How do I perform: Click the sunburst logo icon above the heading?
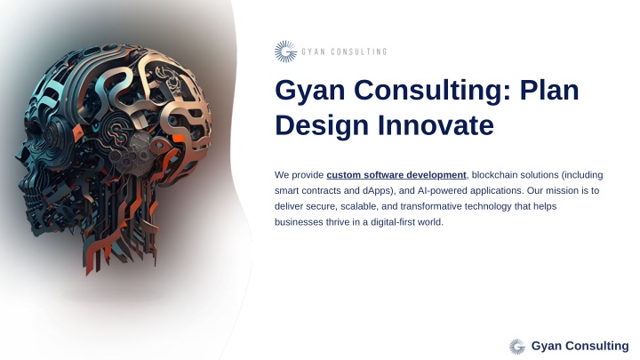pos(285,52)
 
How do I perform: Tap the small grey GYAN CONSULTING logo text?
pos(344,52)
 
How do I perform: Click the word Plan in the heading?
pos(549,90)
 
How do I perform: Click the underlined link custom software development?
pos(396,175)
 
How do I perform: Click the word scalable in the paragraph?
pos(360,206)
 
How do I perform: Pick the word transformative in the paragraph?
pos(431,206)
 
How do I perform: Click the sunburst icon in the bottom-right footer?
pos(517,347)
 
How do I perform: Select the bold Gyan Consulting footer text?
pos(580,346)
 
